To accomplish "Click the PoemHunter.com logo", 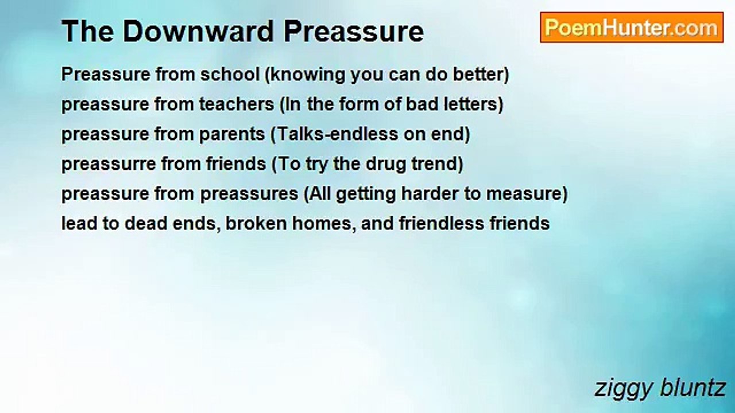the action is coord(632,28).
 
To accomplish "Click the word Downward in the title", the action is coord(198,32).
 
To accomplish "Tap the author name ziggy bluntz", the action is coord(660,389).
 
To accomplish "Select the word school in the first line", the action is coord(230,74).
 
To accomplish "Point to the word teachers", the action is coord(237,104).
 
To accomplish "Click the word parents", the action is coord(233,135).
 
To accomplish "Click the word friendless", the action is coord(442,224).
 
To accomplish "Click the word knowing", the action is coord(308,75).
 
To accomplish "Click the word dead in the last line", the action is coord(146,224).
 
